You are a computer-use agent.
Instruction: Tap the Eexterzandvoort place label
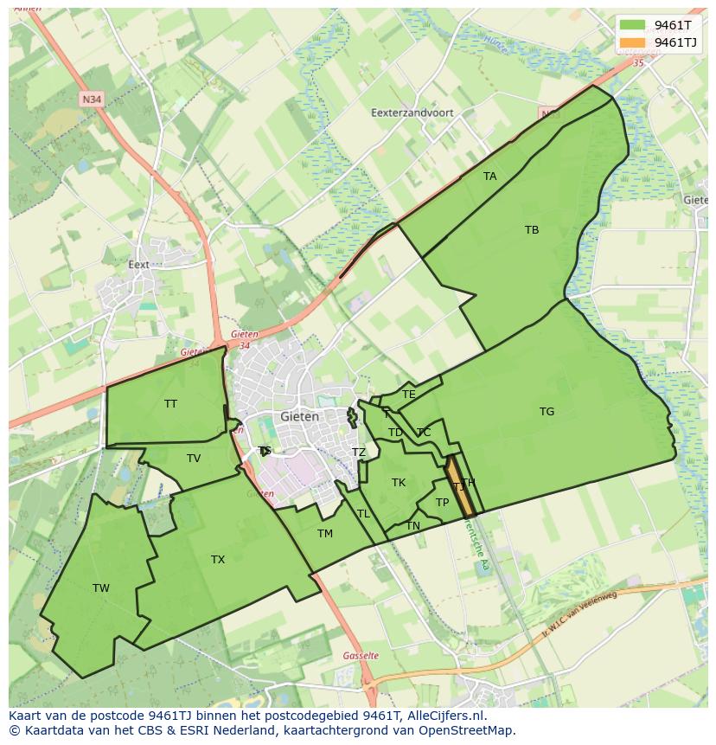(x=412, y=112)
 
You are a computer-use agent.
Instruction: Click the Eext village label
(x=138, y=265)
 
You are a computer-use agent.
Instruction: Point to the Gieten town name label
(x=299, y=416)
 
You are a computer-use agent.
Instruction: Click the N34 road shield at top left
(x=91, y=100)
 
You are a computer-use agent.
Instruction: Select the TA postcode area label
(x=490, y=177)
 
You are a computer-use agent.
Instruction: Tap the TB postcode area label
(x=532, y=230)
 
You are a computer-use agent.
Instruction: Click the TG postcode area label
(x=547, y=412)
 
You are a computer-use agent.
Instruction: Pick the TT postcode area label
(x=170, y=404)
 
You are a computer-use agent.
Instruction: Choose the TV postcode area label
(x=194, y=459)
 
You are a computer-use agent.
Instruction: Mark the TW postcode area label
(x=101, y=588)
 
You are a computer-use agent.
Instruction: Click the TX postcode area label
(x=218, y=560)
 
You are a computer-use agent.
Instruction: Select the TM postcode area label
(x=325, y=534)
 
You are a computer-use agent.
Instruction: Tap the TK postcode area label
(x=399, y=483)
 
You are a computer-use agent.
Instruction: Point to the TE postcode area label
(x=409, y=395)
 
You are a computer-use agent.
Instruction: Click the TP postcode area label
(x=442, y=503)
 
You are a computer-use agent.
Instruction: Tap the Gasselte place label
(x=361, y=656)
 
